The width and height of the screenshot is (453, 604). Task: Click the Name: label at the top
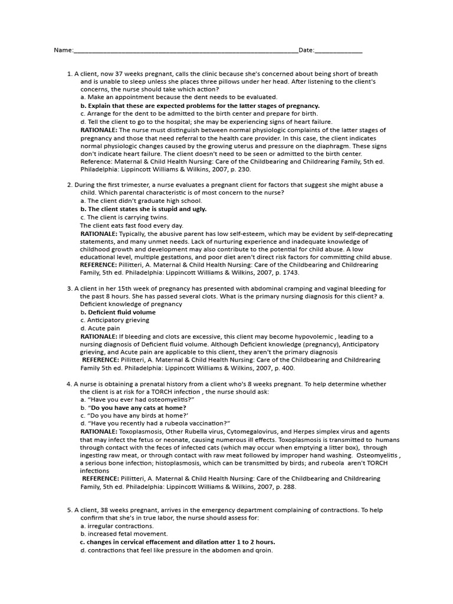(64, 51)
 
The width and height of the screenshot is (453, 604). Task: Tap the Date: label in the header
(306, 51)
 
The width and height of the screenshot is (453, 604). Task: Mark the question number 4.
(70, 384)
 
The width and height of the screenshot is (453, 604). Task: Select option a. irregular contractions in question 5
(117, 526)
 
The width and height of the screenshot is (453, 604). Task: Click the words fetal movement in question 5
(134, 534)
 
